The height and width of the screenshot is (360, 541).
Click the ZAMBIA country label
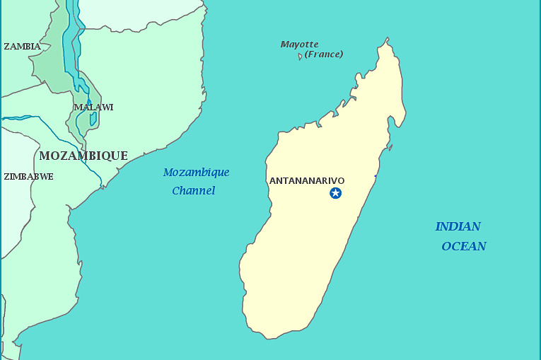22,47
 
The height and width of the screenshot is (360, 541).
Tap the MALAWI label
93,108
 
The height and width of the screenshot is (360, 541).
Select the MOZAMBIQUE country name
83,156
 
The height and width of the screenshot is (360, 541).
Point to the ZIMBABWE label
28,177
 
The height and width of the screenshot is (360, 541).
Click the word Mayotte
299,45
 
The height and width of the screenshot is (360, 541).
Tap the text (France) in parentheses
324,54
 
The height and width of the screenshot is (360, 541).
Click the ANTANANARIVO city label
307,180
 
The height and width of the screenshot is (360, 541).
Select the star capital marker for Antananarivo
335,193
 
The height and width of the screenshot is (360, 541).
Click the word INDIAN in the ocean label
458,227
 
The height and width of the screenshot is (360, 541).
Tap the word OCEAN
464,246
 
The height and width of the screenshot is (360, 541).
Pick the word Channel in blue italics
193,191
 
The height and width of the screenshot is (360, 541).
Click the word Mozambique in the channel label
196,173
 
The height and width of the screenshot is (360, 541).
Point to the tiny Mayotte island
300,57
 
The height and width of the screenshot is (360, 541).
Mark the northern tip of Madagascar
387,40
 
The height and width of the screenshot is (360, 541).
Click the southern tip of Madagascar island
267,337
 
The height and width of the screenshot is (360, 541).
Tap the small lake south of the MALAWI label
93,119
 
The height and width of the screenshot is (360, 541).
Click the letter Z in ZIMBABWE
6,177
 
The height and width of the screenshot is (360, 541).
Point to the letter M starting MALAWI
77,108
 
